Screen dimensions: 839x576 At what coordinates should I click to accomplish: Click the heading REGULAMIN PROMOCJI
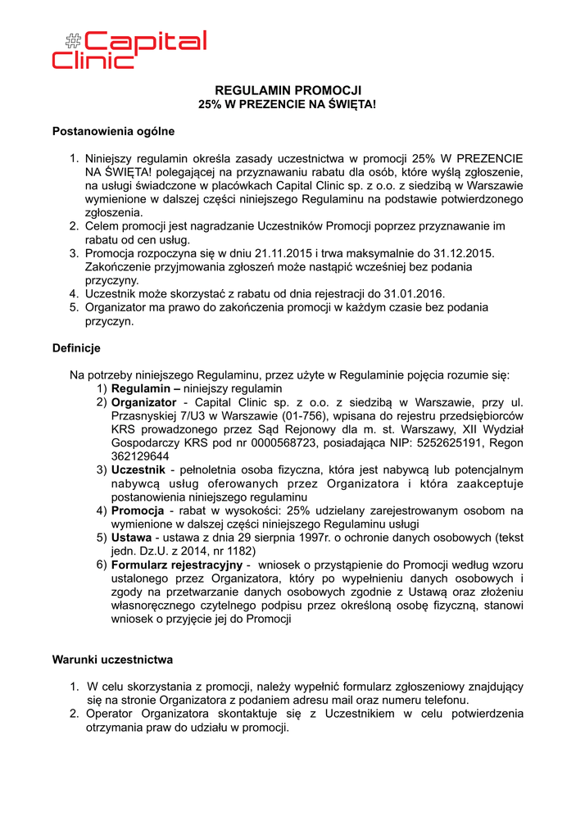click(288, 90)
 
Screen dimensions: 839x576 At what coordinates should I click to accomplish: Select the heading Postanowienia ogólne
click(113, 130)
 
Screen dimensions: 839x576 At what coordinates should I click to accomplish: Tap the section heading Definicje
click(76, 348)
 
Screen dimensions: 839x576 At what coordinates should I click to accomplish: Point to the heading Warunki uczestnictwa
click(112, 659)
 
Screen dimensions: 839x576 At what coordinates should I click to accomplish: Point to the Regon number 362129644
click(140, 456)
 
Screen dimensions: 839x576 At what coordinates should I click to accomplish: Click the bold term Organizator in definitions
click(143, 402)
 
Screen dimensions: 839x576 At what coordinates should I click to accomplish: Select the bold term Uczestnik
click(138, 470)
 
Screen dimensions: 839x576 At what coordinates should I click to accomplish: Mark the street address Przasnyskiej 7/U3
click(157, 416)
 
